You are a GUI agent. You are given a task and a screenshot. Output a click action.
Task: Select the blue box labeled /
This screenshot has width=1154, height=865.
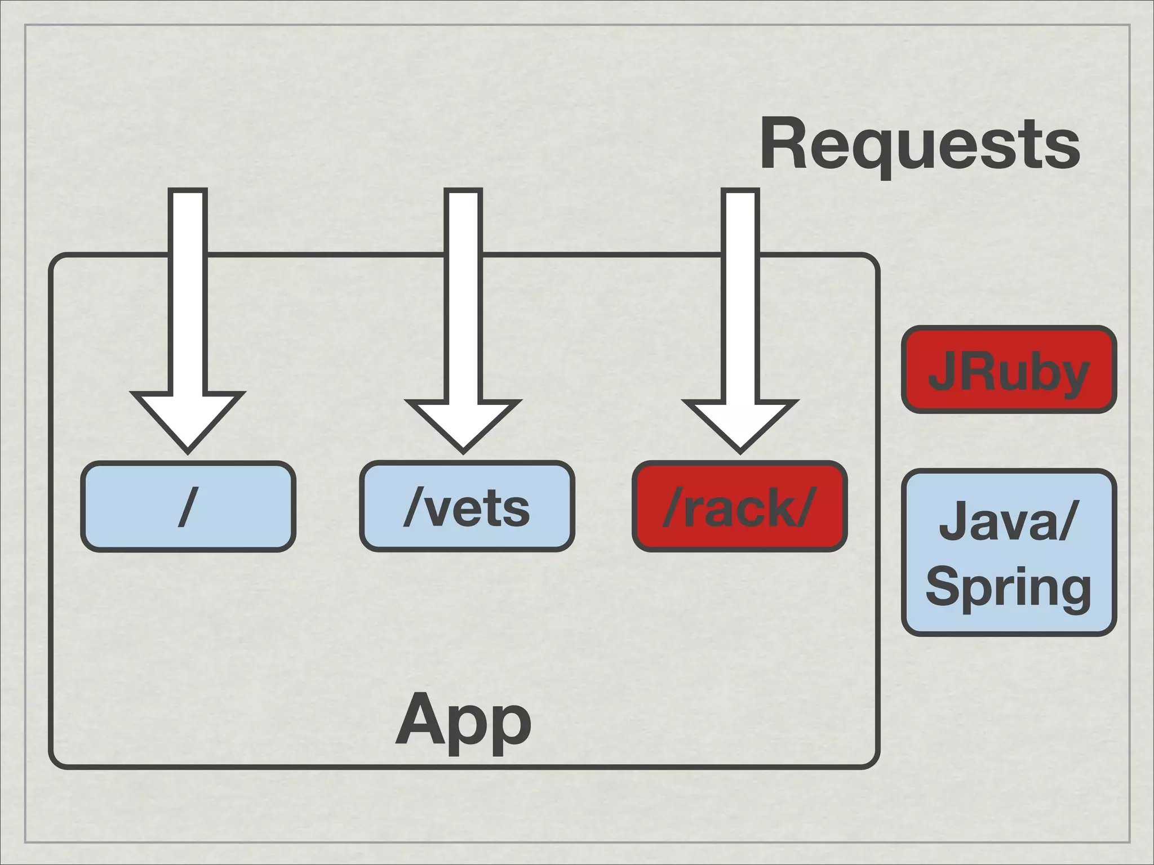point(188,506)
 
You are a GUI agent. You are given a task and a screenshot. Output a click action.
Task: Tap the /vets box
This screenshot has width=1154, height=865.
point(467,506)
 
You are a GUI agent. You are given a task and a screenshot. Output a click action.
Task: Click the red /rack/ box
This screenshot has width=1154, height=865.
point(739,506)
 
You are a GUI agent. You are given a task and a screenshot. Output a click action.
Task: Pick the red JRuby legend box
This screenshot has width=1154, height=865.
point(1009,370)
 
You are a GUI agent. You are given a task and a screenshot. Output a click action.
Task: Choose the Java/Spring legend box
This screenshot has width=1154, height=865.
point(1009,553)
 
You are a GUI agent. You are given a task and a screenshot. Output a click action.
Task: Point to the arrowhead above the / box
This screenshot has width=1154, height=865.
point(188,420)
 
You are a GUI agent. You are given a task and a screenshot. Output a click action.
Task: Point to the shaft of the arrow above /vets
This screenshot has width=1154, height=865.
point(463,293)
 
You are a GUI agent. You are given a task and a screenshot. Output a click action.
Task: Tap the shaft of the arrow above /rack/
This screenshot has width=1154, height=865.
point(740,293)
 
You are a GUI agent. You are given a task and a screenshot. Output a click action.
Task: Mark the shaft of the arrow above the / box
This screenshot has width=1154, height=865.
point(188,293)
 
